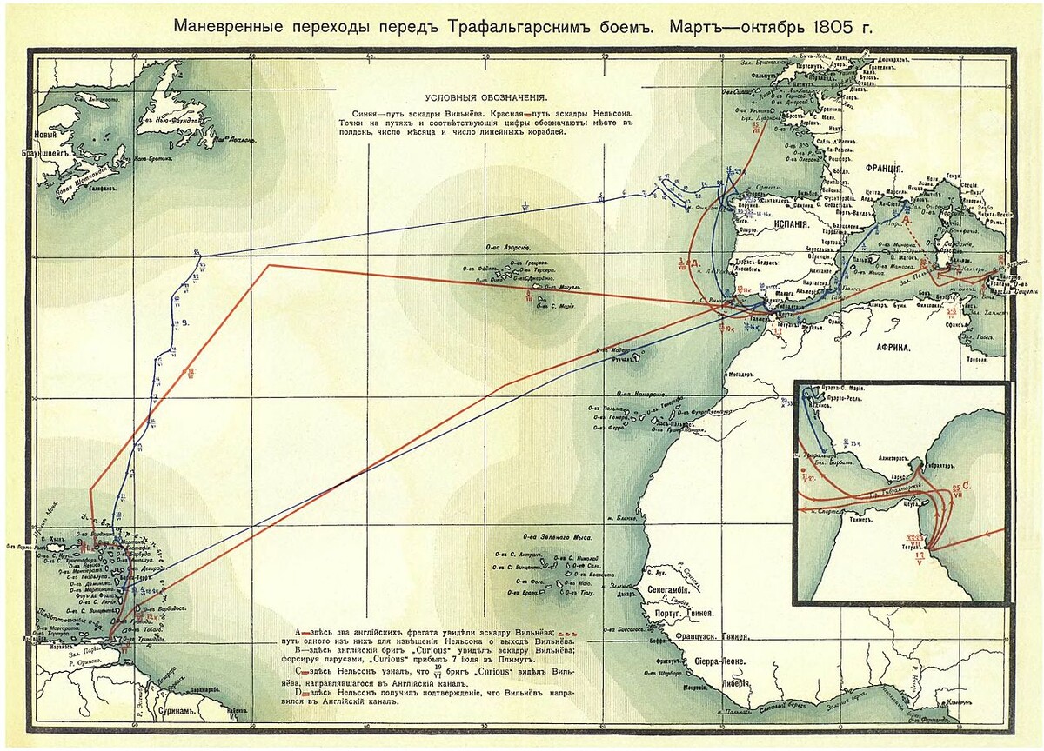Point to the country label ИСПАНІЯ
[x=789, y=223]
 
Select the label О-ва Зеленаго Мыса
[x=550, y=536]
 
